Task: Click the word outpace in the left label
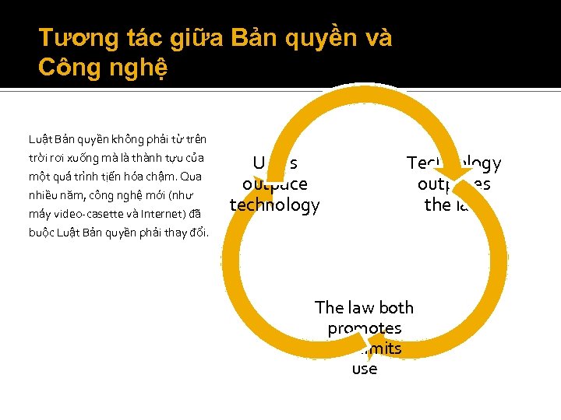[274, 184]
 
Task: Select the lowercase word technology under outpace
[274, 205]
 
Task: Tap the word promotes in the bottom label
[365, 328]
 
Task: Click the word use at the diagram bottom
[365, 369]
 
